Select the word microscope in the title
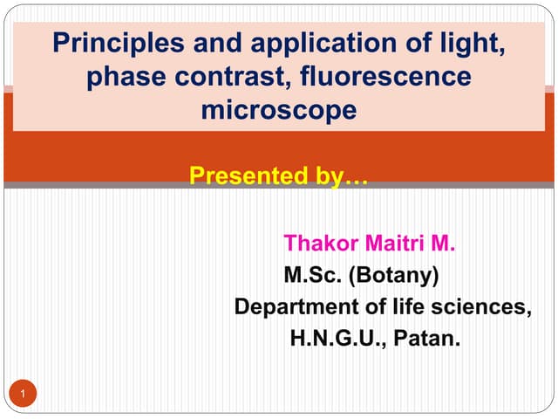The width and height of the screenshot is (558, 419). click(279, 111)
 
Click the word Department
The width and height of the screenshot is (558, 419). click(291, 307)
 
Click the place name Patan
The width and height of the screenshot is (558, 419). click(426, 338)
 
